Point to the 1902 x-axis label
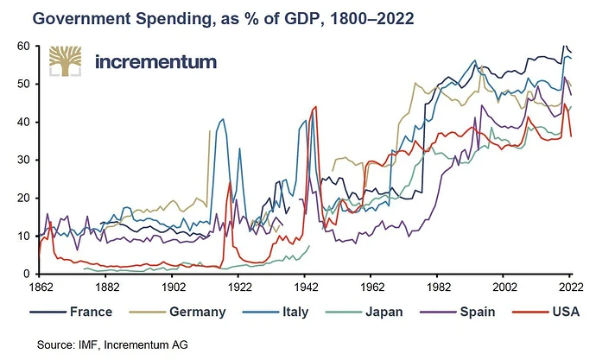click(174, 286)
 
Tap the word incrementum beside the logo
click(155, 62)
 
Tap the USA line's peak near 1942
click(315, 106)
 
